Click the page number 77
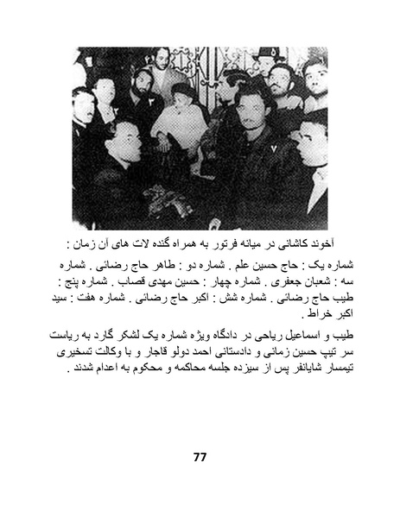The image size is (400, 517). tap(200, 456)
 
